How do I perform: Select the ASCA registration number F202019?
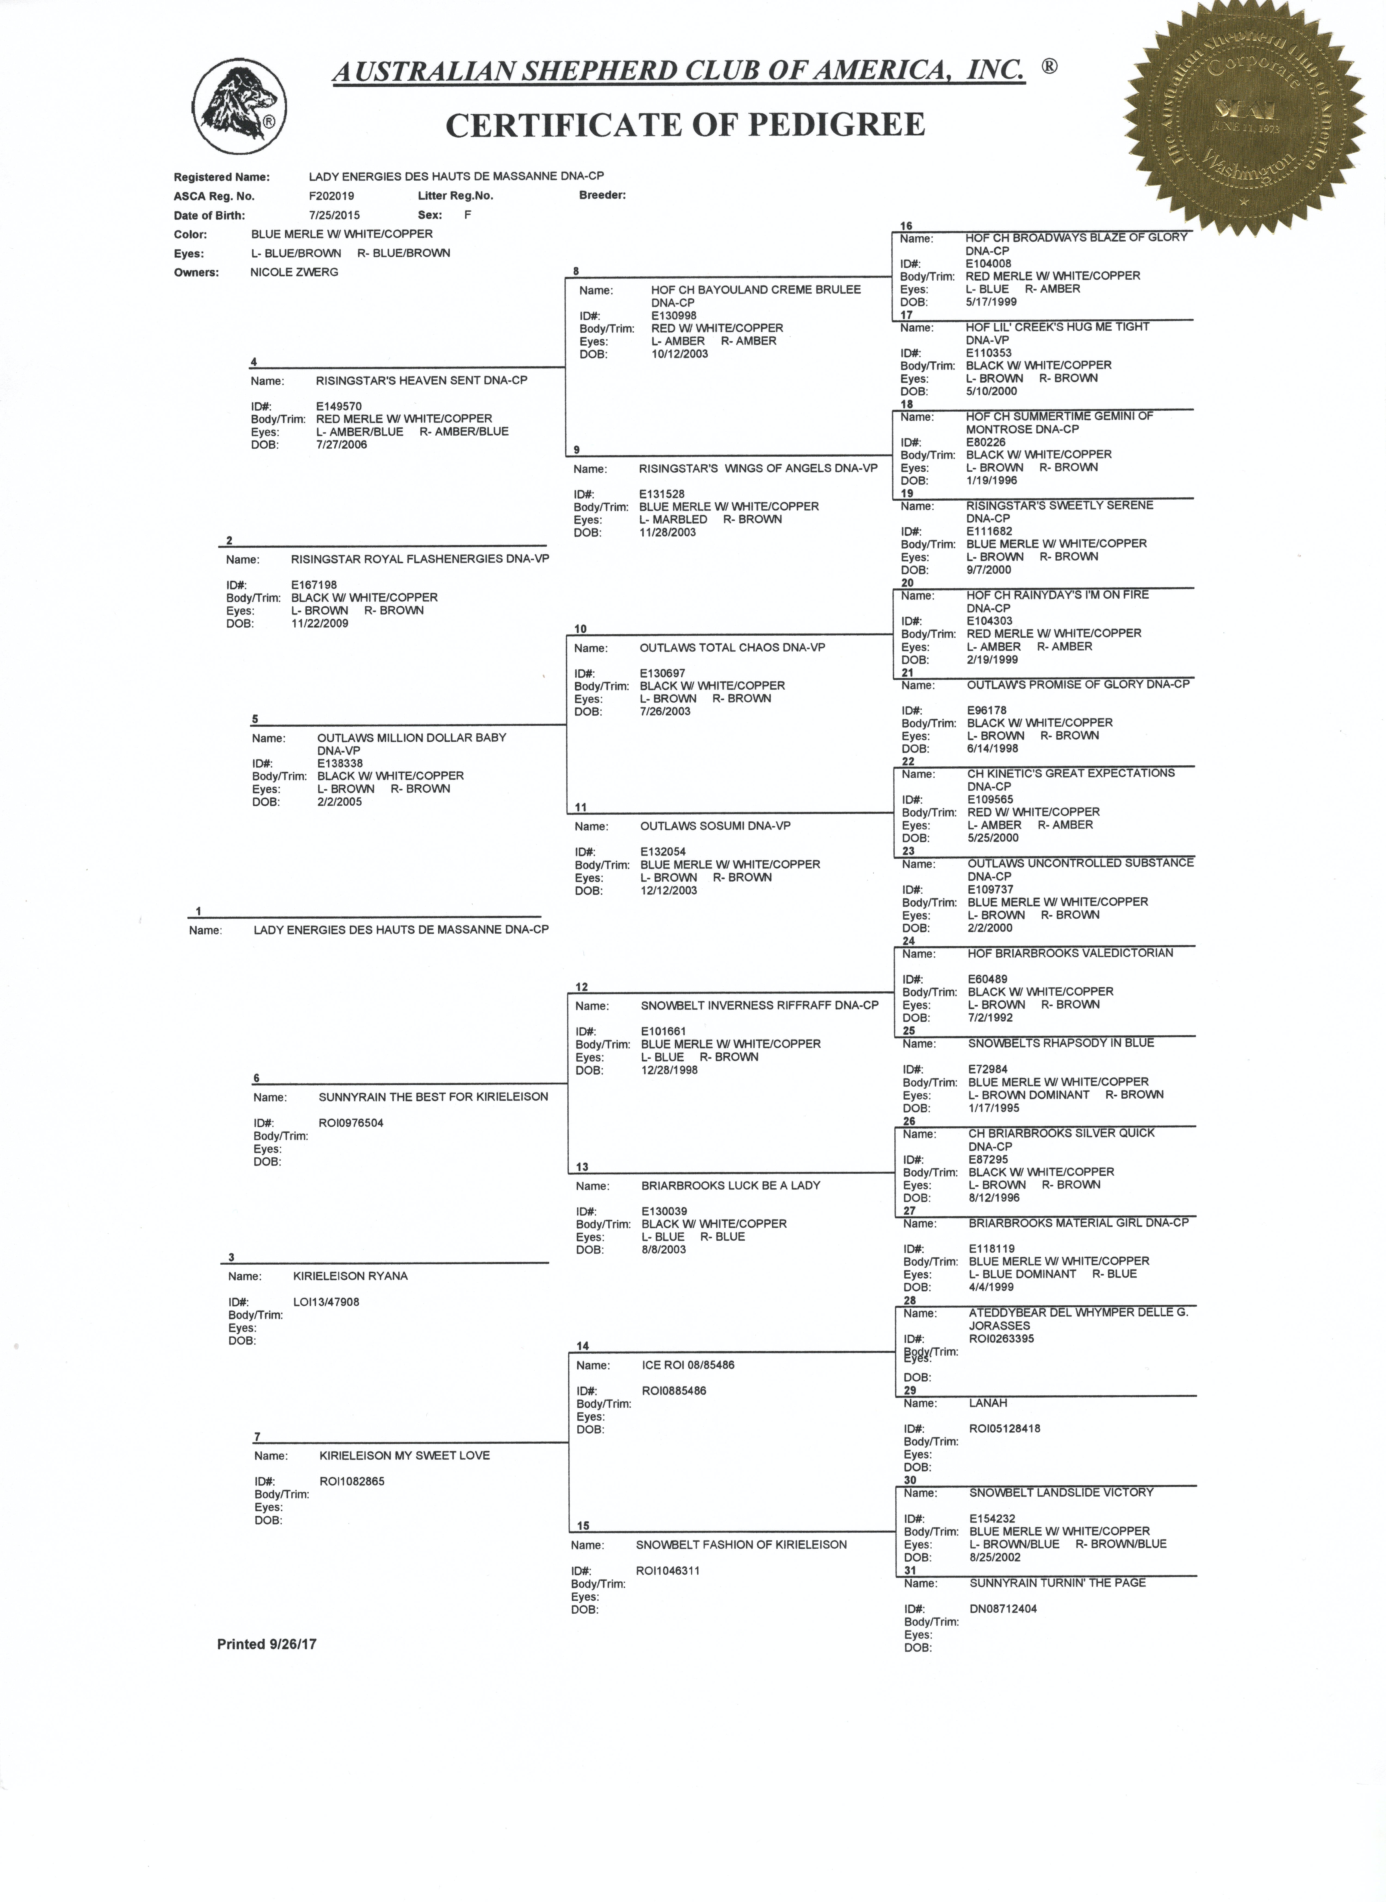coord(331,195)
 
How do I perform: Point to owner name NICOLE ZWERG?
coord(294,272)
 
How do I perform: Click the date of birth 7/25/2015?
coord(334,215)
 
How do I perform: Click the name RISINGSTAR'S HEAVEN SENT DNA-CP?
coord(421,380)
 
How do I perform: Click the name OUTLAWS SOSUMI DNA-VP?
coord(715,826)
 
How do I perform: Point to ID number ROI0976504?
coord(351,1123)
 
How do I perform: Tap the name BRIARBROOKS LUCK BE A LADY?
coord(731,1185)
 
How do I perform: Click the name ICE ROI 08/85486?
coord(688,1365)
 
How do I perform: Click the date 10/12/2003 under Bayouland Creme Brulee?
coord(680,354)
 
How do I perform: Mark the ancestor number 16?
coord(906,226)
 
